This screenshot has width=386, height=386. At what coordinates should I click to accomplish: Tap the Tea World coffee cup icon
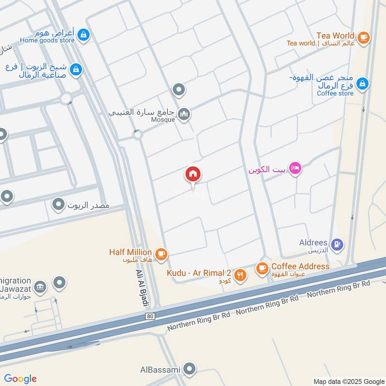pyautogui.click(x=363, y=37)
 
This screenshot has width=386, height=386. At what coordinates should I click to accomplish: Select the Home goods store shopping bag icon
pyautogui.click(x=84, y=35)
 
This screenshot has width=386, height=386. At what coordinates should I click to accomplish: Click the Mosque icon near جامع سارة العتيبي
pyautogui.click(x=184, y=114)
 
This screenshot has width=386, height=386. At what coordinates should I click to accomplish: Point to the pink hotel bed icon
pyautogui.click(x=296, y=168)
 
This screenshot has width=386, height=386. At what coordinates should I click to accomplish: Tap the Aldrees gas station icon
pyautogui.click(x=338, y=244)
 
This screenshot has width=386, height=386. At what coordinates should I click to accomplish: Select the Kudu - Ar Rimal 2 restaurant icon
pyautogui.click(x=240, y=275)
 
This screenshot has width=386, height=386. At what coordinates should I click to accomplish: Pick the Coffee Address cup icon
pyautogui.click(x=262, y=268)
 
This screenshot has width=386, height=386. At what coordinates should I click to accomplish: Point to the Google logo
pyautogui.click(x=20, y=379)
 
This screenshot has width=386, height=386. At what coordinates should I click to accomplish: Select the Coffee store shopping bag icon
pyautogui.click(x=362, y=84)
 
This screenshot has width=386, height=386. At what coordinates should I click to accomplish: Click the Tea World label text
pyautogui.click(x=335, y=36)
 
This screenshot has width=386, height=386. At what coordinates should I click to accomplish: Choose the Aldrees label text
pyautogui.click(x=314, y=243)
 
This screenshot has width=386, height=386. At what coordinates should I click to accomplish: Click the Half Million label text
pyautogui.click(x=130, y=252)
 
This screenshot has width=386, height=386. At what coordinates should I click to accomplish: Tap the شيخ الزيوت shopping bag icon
pyautogui.click(x=76, y=70)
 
